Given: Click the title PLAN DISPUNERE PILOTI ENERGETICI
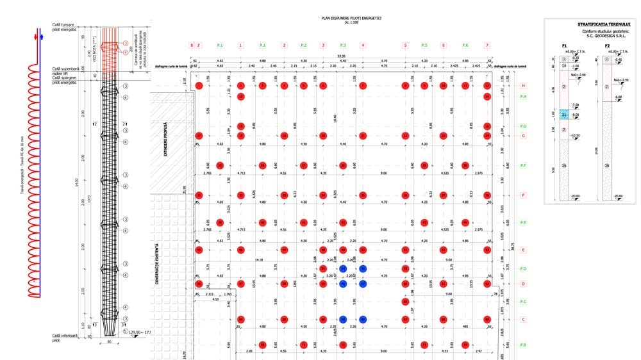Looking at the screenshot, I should click(351, 18).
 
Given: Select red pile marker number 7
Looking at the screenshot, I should click(363, 85).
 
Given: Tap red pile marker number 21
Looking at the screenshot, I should click(363, 136).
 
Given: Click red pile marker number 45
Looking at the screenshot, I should click(199, 250).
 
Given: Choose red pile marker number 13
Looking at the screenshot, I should click(240, 97).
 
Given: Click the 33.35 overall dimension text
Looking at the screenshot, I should click(342, 56).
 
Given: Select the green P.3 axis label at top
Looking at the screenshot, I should click(343, 45).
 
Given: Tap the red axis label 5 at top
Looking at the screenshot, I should click(405, 45).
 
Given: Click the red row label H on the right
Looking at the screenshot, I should click(524, 85).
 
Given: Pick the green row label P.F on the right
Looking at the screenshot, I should click(524, 166).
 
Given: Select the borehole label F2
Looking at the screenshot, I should click(607, 46).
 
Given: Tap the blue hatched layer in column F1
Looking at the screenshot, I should click(565, 115).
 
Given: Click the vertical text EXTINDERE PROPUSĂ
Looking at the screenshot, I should click(165, 140).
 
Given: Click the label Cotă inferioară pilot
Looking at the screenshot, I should click(61, 338).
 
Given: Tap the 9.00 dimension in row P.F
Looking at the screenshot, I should click(383, 173).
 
